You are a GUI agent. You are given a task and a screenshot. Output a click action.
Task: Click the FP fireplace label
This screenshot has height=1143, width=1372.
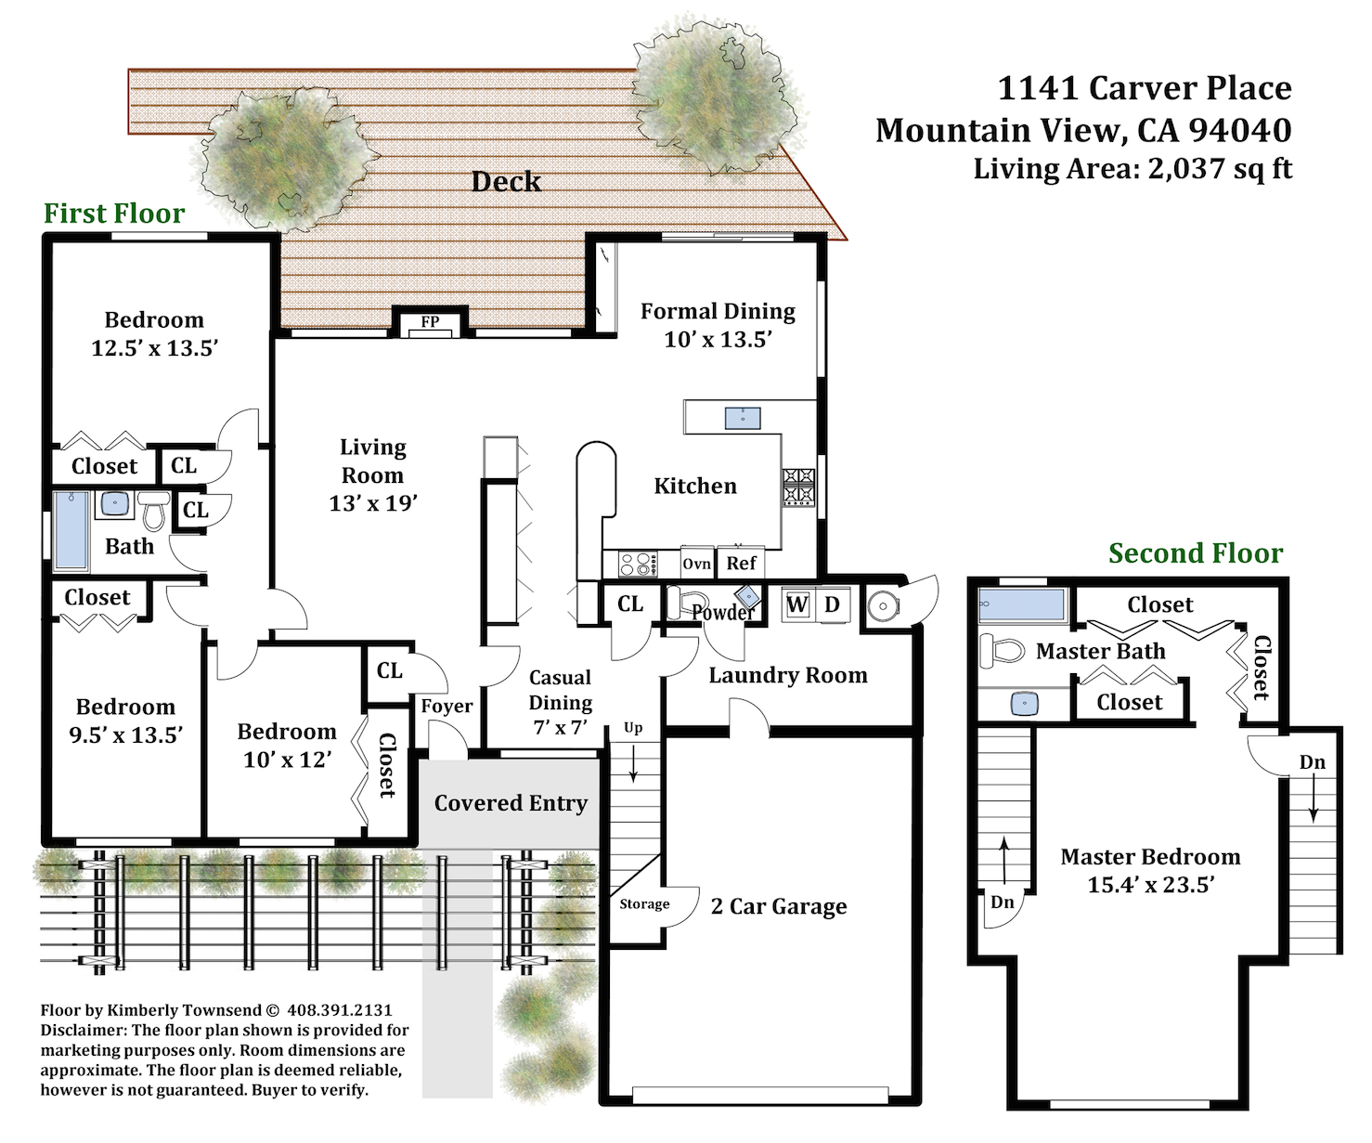[430, 321]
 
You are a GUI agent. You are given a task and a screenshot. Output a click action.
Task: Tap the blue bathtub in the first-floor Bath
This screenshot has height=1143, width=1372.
[71, 530]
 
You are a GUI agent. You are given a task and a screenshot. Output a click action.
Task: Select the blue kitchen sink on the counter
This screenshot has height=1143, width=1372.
[743, 418]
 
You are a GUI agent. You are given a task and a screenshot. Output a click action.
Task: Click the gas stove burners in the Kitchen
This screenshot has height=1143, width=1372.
[798, 487]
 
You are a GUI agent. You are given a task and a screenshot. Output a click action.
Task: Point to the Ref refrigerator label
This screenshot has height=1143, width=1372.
[741, 563]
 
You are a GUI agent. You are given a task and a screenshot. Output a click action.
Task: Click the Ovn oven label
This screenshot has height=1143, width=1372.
[696, 564]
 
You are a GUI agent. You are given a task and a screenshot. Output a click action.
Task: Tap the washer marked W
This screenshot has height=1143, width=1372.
[797, 604]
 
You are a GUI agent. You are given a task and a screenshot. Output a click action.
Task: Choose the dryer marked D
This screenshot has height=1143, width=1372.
[833, 604]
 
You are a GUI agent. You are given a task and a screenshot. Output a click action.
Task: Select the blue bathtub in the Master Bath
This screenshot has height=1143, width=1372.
[1022, 604]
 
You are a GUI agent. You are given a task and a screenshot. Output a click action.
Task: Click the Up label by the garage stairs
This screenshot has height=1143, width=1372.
[633, 728]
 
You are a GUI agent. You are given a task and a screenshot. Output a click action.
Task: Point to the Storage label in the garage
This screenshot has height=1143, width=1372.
[644, 903]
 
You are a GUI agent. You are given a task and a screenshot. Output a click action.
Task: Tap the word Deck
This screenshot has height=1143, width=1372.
[506, 181]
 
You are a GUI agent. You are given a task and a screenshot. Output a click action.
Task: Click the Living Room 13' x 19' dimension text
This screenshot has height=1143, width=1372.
[373, 503]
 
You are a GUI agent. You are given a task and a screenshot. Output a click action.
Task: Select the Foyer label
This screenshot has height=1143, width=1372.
[447, 706]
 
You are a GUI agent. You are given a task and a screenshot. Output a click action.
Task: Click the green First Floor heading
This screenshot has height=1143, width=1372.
[114, 213]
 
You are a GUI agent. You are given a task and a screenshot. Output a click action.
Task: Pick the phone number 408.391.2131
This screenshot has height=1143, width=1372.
[340, 1009]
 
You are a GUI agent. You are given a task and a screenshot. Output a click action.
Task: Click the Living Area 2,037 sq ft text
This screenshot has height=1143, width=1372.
[1133, 168]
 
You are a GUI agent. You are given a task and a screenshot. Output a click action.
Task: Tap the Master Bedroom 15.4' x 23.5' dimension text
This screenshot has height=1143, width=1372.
[1150, 885]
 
